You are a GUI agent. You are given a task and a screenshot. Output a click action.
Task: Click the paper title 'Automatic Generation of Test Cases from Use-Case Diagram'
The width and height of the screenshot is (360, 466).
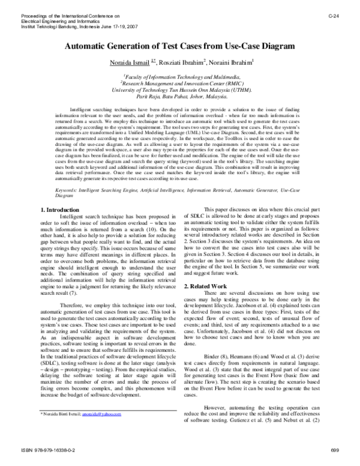point(180,46)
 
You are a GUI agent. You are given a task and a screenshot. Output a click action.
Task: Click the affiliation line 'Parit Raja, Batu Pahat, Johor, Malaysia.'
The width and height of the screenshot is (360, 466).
point(181,96)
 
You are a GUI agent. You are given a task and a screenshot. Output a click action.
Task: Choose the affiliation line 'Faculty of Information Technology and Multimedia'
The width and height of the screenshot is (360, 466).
point(181,76)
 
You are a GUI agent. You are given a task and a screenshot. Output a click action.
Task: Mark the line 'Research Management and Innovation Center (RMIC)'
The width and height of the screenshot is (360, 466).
point(181,83)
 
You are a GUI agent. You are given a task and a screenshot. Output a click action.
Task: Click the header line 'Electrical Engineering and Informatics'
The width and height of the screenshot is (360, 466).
point(57,21)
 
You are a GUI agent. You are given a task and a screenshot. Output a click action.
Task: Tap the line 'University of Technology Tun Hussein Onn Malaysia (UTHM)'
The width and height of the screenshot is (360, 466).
point(181,89)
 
